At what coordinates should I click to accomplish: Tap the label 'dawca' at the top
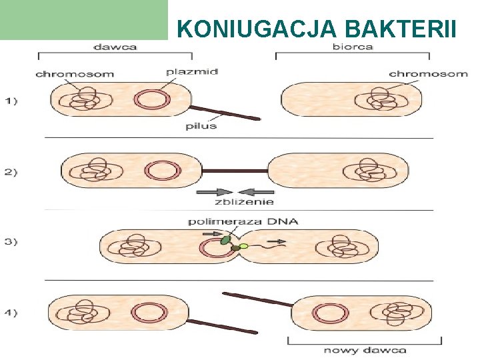pos(115,47)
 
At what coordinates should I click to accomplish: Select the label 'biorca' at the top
pos(353,47)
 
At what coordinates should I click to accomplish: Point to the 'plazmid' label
pos(191,71)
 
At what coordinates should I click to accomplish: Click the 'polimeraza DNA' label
pos(243,221)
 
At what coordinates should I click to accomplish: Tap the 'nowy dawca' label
pos(365,350)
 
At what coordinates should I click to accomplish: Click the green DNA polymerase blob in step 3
pos(227,237)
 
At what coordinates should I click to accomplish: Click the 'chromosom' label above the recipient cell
pos(427,73)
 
